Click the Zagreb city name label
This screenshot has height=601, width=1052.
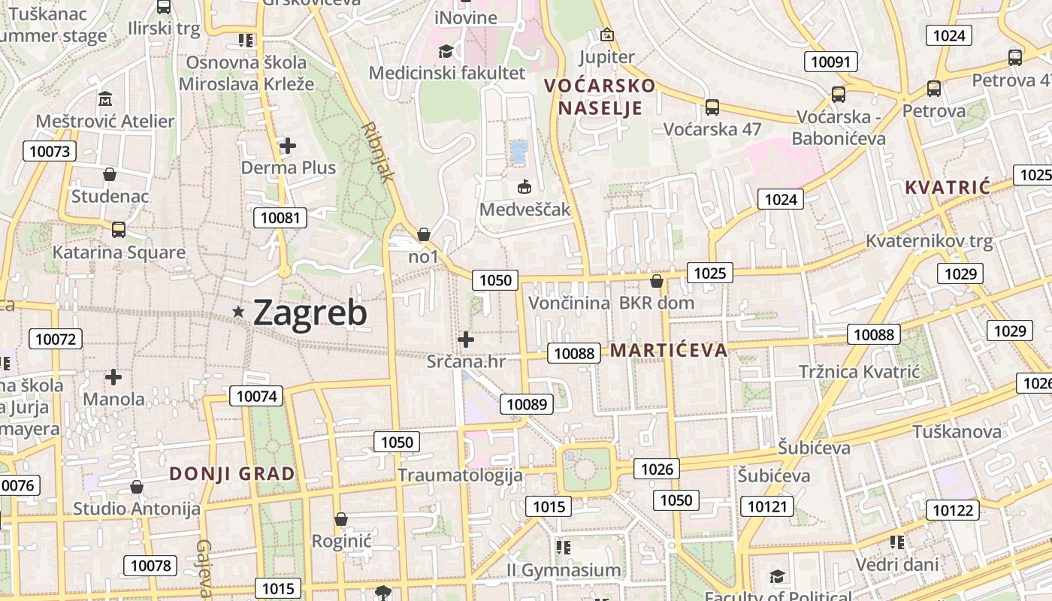coord(310,313)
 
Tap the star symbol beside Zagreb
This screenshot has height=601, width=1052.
coord(239,311)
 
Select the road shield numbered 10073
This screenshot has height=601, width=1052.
coord(50,151)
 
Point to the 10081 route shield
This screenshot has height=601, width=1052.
coord(280,219)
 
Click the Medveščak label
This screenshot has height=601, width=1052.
coord(525,209)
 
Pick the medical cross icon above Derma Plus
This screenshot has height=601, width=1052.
coord(288,145)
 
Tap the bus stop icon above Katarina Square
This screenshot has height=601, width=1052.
coord(118,230)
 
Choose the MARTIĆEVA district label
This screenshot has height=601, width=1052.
coord(668,350)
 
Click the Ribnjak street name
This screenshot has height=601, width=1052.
coord(378,153)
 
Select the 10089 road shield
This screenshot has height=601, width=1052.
coord(527,404)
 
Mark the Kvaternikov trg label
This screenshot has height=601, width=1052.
coord(929,242)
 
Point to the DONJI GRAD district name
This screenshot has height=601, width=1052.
coord(231,473)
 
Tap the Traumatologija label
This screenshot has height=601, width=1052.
coord(459,475)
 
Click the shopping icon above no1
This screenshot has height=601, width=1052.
coord(423,234)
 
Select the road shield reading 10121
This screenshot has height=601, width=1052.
coord(766,506)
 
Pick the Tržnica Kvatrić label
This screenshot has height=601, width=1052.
coord(859,371)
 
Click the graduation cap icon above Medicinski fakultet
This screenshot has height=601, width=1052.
coord(446,51)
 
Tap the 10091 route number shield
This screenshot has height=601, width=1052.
coord(830,62)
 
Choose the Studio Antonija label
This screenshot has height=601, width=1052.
coord(136,509)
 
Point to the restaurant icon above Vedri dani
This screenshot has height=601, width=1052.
coord(896,542)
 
